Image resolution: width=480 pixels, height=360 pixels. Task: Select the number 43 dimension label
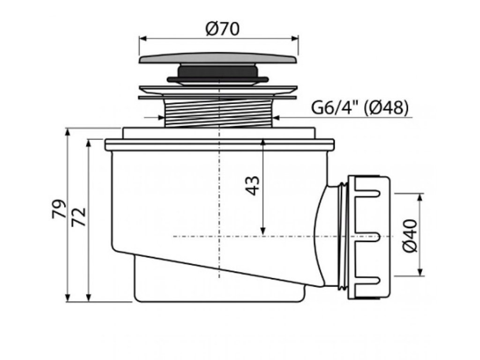[253, 185]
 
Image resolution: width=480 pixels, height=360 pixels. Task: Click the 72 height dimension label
[80, 217]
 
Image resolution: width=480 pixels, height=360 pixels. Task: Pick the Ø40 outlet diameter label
[409, 234]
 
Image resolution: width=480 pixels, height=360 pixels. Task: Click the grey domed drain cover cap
[218, 59]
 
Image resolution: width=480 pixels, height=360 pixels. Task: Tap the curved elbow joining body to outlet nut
[328, 234]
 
